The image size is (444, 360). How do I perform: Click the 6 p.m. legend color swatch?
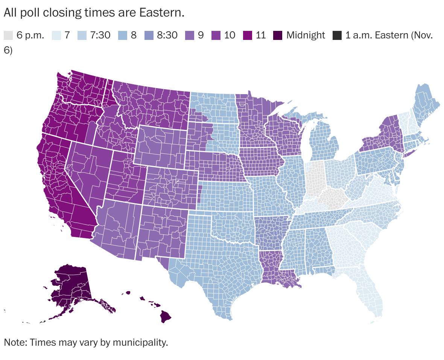(8, 35)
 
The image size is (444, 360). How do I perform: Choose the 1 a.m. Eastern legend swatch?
(337, 35)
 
